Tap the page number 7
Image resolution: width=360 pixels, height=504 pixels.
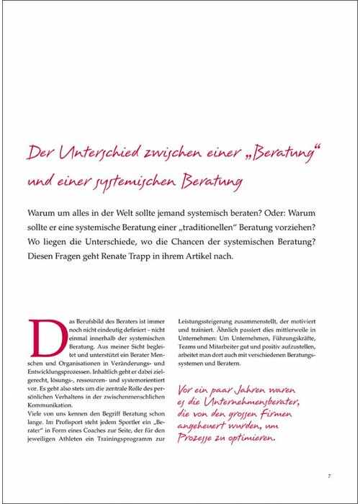[328, 475]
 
